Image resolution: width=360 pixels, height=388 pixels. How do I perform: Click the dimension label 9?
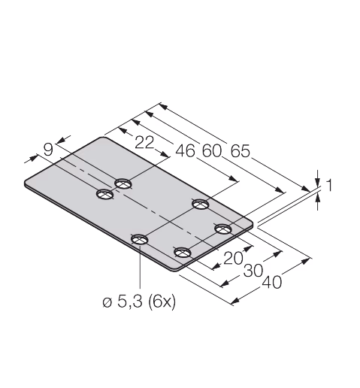pos(48,150)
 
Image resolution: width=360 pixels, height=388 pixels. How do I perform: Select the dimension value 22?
pos(144,143)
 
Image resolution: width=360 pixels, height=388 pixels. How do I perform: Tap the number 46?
pos(185,151)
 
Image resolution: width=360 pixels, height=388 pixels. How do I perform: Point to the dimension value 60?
pos(212,151)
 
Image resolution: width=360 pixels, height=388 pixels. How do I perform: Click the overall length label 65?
pos(241,151)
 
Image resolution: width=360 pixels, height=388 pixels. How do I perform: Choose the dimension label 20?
pos(233,258)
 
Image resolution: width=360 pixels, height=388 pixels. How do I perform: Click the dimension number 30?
pos(253,271)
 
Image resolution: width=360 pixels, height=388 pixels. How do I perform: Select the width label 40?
pos(272,282)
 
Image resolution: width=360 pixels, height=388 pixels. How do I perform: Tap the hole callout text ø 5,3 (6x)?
pos(139,302)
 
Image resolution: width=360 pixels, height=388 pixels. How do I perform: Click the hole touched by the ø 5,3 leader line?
pos(140,239)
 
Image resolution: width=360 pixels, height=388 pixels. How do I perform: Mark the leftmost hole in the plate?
pos(105,194)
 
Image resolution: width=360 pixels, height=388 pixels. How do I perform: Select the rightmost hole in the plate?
pos(223,229)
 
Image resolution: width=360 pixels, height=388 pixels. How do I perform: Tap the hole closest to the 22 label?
pos(123,183)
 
